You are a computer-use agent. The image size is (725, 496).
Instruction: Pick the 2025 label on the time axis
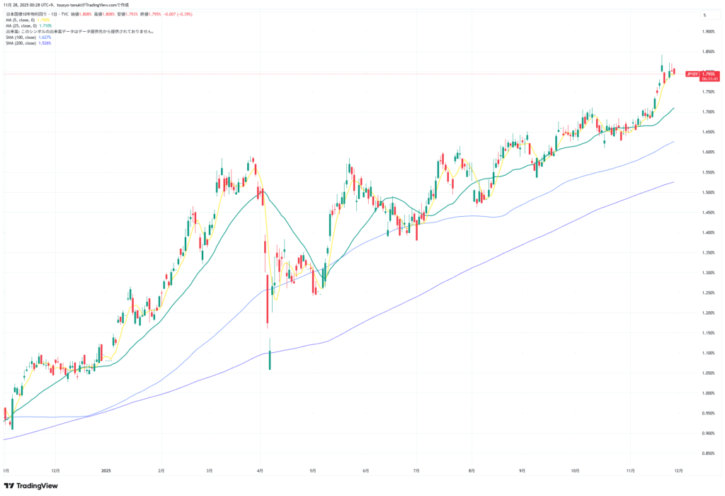point(106,470)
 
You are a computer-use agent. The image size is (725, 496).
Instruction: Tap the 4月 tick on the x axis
point(261,470)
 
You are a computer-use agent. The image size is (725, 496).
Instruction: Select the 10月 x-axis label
point(575,470)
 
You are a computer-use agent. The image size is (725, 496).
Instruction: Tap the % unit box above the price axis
point(704,15)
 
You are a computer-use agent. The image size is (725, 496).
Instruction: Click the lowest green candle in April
point(270,359)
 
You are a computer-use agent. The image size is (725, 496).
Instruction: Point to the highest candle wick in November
point(661,57)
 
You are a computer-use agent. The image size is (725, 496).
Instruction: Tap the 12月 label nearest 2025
point(56,470)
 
